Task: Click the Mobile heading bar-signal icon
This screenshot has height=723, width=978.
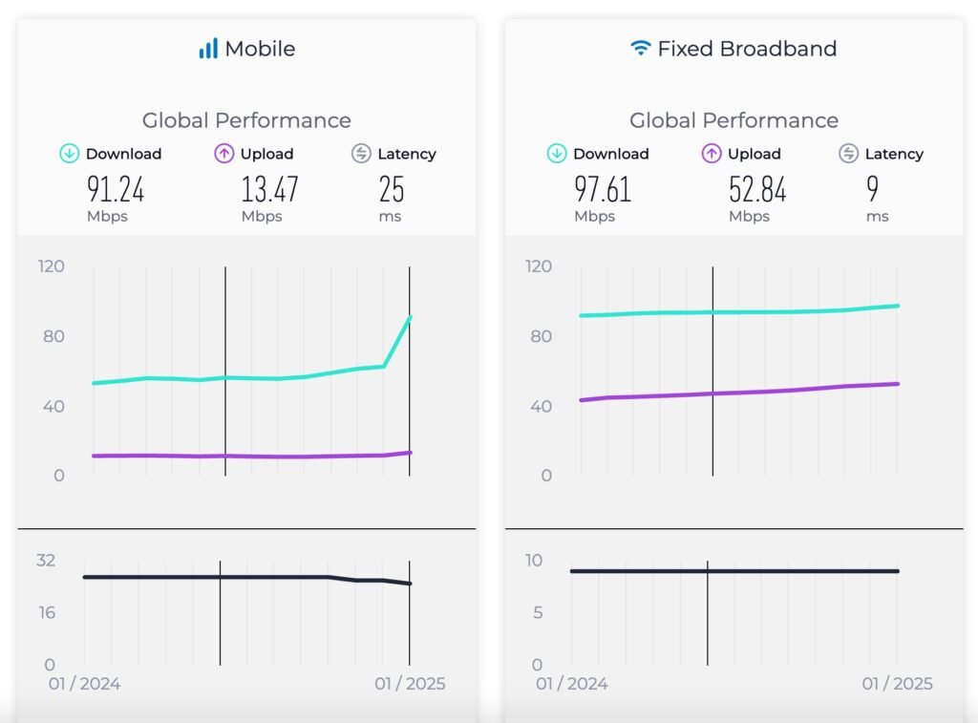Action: pyautogui.click(x=208, y=49)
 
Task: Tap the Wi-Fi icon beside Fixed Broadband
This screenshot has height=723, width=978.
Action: pyautogui.click(x=640, y=48)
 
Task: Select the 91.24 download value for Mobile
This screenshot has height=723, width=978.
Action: pyautogui.click(x=116, y=189)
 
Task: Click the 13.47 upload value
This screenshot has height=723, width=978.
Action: pyautogui.click(x=269, y=189)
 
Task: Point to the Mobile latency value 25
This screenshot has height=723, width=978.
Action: pyautogui.click(x=392, y=189)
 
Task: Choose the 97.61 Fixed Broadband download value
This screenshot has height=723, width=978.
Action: pyautogui.click(x=603, y=189)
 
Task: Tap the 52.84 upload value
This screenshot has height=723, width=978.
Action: pyautogui.click(x=757, y=189)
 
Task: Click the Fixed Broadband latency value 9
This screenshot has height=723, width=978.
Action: pyautogui.click(x=873, y=189)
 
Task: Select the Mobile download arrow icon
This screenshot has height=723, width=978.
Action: pyautogui.click(x=70, y=154)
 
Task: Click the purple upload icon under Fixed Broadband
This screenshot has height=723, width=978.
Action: pyautogui.click(x=712, y=154)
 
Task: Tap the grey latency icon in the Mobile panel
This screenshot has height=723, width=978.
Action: pyautogui.click(x=361, y=154)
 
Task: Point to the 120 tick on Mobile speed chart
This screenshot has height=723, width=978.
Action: pyautogui.click(x=52, y=266)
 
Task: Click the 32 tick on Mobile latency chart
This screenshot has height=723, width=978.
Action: pyautogui.click(x=46, y=560)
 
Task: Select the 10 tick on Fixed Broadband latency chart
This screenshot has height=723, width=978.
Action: pyautogui.click(x=535, y=560)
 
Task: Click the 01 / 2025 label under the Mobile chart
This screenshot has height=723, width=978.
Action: pyautogui.click(x=410, y=684)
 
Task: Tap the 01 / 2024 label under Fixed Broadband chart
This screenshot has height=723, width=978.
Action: pyautogui.click(x=571, y=684)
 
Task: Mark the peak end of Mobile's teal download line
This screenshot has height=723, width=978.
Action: pyautogui.click(x=410, y=316)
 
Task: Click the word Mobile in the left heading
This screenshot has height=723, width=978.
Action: pyautogui.click(x=260, y=49)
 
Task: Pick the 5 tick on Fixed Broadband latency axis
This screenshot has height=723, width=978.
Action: pyautogui.click(x=539, y=612)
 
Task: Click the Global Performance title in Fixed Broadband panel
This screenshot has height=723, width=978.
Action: pyautogui.click(x=733, y=120)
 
